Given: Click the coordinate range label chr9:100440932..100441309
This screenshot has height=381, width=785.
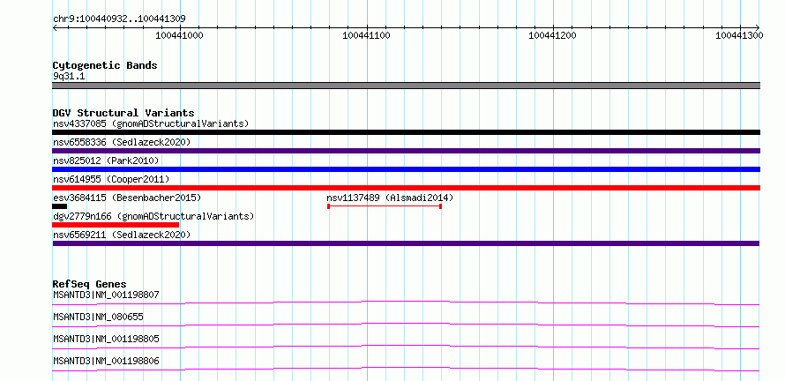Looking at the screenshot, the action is point(119,19).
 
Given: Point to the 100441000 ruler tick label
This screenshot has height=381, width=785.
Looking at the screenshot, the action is point(180,35).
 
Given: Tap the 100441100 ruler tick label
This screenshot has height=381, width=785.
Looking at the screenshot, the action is point(366,35).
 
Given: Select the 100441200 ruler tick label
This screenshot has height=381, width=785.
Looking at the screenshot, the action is point(553,35).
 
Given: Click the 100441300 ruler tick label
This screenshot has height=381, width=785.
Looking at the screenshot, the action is point(739,35).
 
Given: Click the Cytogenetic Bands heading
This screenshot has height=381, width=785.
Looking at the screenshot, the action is point(105,65).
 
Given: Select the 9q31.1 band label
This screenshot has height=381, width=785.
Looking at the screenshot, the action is point(69,77).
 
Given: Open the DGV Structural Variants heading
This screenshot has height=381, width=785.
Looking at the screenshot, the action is point(123,113).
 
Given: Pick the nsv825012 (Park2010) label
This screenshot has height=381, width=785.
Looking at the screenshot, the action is point(106,161).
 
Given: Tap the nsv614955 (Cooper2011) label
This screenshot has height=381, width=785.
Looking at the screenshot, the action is point(111,179).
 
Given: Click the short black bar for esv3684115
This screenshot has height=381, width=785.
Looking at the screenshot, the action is point(60,206).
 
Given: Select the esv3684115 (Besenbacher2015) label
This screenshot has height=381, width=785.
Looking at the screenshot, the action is point(127,198).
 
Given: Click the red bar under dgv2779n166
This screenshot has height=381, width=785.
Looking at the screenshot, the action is point(116,225).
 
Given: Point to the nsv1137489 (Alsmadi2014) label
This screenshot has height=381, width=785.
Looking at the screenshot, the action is point(390,198).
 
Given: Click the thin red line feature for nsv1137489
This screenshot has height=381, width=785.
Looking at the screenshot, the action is point(385,206).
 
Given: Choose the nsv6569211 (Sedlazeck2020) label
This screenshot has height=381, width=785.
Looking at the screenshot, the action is point(122,235).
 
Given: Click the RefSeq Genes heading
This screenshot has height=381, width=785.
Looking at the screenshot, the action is point(90,284).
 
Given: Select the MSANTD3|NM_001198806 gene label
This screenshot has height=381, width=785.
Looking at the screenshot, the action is point(106,361).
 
